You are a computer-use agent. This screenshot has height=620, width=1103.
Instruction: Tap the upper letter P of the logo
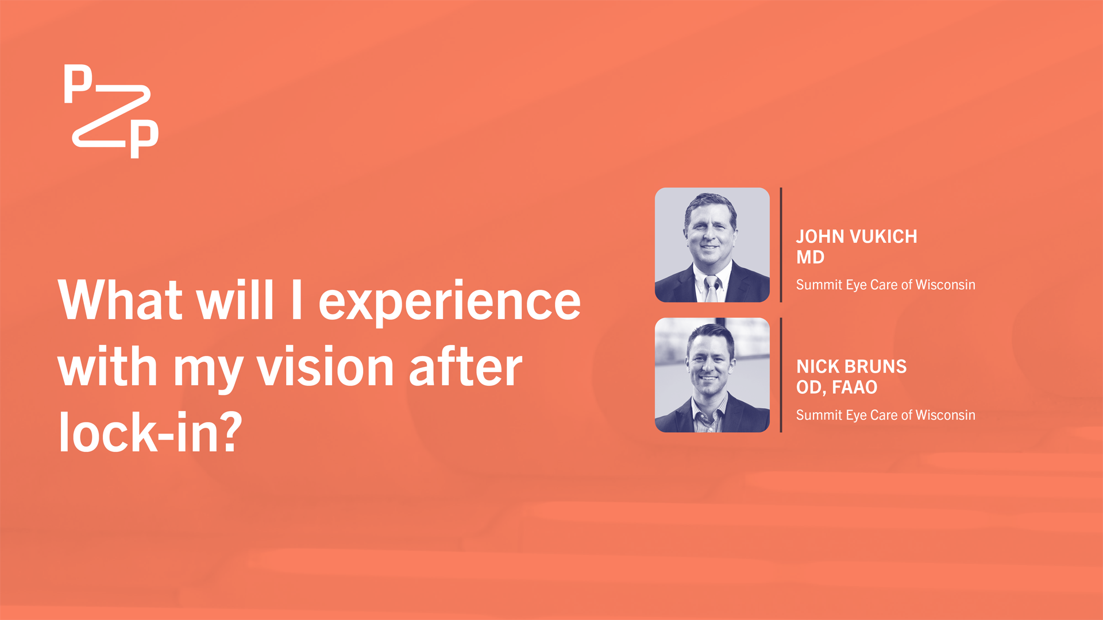78,84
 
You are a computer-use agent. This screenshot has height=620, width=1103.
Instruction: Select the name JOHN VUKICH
857,237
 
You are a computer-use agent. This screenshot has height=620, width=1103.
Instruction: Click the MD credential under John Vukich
810,257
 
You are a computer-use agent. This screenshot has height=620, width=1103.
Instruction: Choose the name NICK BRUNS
851,367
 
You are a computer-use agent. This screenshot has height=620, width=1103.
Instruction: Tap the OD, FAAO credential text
836,387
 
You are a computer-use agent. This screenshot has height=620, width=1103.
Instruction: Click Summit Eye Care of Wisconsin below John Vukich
885,285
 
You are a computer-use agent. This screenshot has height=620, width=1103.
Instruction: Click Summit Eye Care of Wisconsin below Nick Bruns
885,415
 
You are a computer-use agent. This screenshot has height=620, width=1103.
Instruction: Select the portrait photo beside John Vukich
712,245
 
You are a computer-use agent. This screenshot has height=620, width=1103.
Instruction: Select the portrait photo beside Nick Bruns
712,375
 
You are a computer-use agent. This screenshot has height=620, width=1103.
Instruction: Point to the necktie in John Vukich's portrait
711,289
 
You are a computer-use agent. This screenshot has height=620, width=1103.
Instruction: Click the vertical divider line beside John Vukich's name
781,245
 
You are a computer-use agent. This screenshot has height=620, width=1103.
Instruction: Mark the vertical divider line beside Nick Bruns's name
781,375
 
